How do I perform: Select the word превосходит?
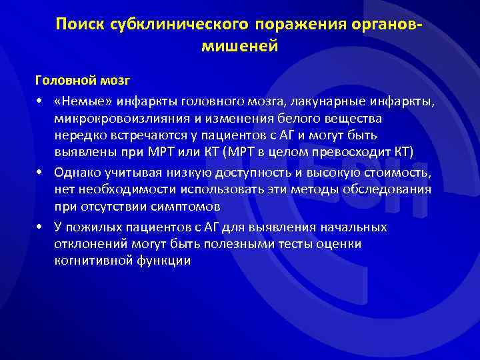pos(349,151)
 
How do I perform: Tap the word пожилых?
pos(97,229)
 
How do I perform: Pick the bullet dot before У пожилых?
pos(40,229)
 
